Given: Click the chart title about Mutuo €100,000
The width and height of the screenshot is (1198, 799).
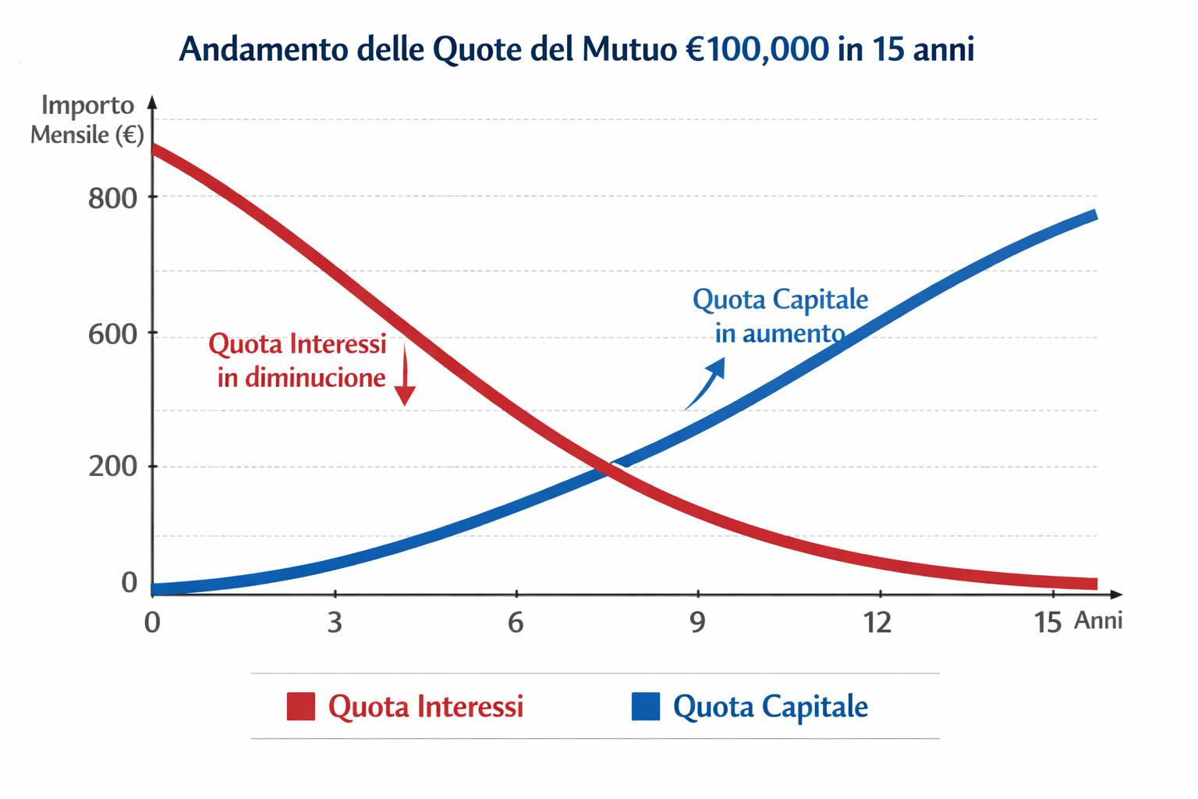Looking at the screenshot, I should click(x=576, y=49).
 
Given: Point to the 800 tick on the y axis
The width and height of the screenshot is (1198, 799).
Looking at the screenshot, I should click(x=112, y=199).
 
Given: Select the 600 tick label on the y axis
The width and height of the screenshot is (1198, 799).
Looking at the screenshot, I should click(x=112, y=334).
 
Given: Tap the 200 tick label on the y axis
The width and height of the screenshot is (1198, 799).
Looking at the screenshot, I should click(x=112, y=467).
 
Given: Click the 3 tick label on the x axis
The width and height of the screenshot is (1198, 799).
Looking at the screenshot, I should click(x=335, y=623).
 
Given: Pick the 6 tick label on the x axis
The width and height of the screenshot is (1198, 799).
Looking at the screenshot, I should click(x=516, y=623).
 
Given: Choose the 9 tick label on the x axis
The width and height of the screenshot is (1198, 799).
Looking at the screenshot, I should click(x=697, y=623).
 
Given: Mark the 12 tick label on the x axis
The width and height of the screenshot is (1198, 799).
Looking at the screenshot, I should click(x=877, y=623).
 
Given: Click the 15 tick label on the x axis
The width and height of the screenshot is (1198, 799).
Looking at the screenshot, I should click(x=1047, y=623).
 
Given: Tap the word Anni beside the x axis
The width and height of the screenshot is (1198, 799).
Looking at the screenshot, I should click(x=1098, y=620).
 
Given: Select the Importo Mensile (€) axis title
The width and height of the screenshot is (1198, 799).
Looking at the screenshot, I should click(x=87, y=119).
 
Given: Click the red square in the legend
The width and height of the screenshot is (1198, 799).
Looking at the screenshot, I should click(x=301, y=706).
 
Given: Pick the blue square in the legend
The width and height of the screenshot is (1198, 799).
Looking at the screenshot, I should click(x=646, y=706).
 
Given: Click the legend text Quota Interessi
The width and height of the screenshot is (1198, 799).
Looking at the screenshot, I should click(x=426, y=706).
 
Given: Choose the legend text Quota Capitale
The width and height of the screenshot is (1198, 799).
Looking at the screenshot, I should click(x=770, y=706).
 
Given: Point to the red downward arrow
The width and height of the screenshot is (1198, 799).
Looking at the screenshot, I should click(x=404, y=378).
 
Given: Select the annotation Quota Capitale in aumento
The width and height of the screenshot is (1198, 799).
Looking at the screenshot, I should click(x=780, y=316).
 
